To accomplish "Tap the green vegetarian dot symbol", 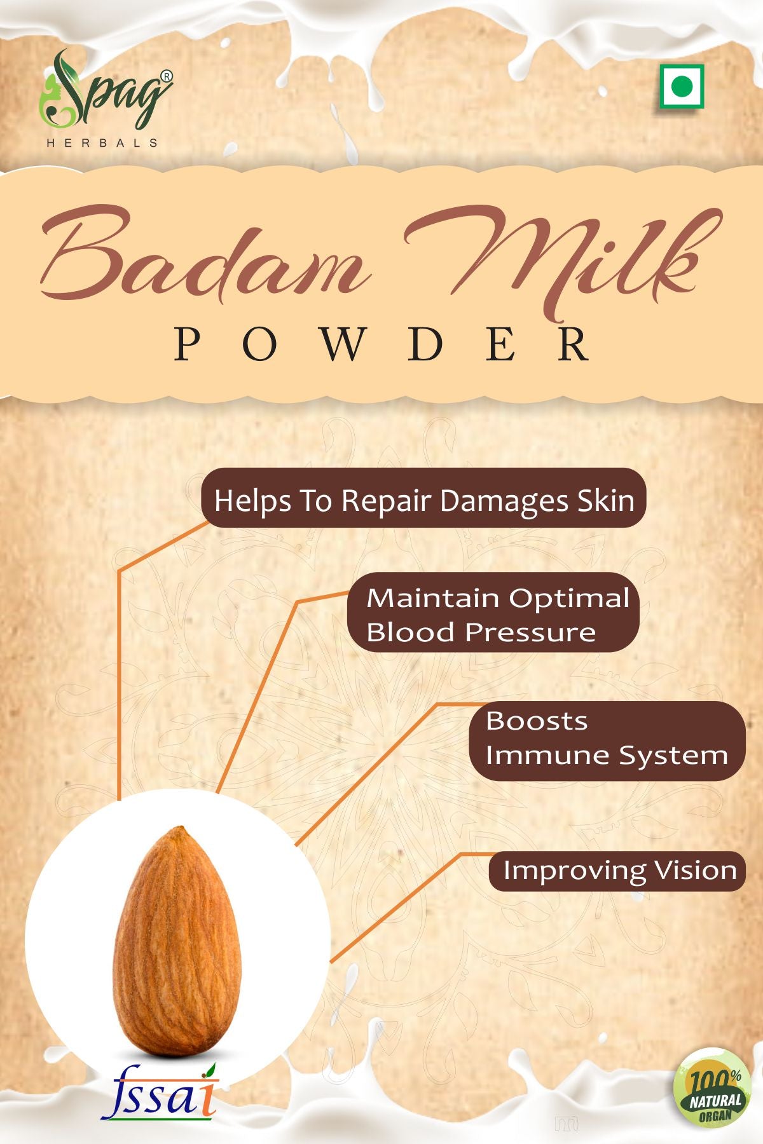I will [682, 86].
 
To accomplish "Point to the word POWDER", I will [381, 345].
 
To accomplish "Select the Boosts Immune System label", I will [606, 739].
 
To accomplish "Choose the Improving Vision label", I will [618, 871].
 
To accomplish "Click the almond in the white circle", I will [178, 941].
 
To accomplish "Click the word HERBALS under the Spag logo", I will [102, 143].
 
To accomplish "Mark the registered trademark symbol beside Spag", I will [165, 76].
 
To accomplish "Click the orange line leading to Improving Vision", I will [394, 909].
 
